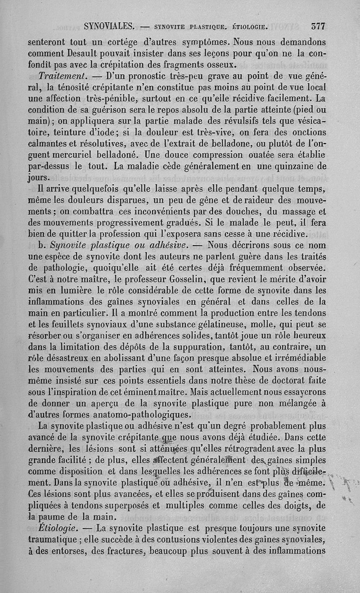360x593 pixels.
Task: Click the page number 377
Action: pyautogui.click(x=318, y=26)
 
